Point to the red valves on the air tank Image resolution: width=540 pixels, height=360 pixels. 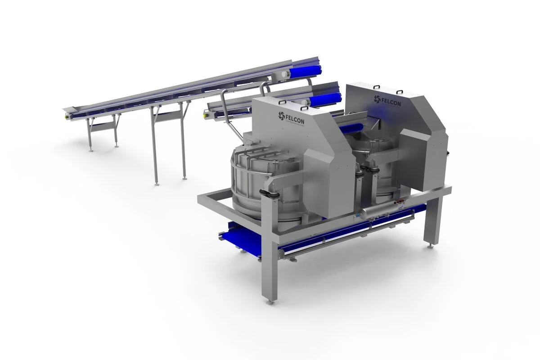pos(396,205)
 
